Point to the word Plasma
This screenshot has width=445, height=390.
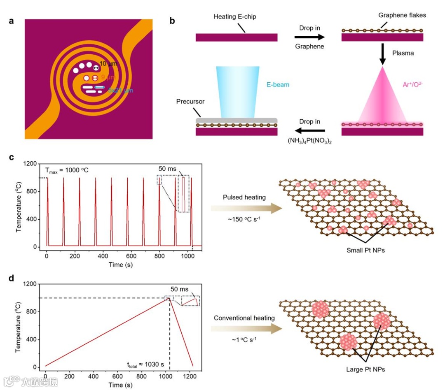(403, 53)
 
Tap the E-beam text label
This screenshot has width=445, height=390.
(278, 85)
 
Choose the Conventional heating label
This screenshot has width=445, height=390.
(244, 318)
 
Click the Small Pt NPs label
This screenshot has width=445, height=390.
(366, 250)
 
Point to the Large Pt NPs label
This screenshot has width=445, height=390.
(366, 369)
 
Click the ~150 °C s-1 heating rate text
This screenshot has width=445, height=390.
(244, 220)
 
